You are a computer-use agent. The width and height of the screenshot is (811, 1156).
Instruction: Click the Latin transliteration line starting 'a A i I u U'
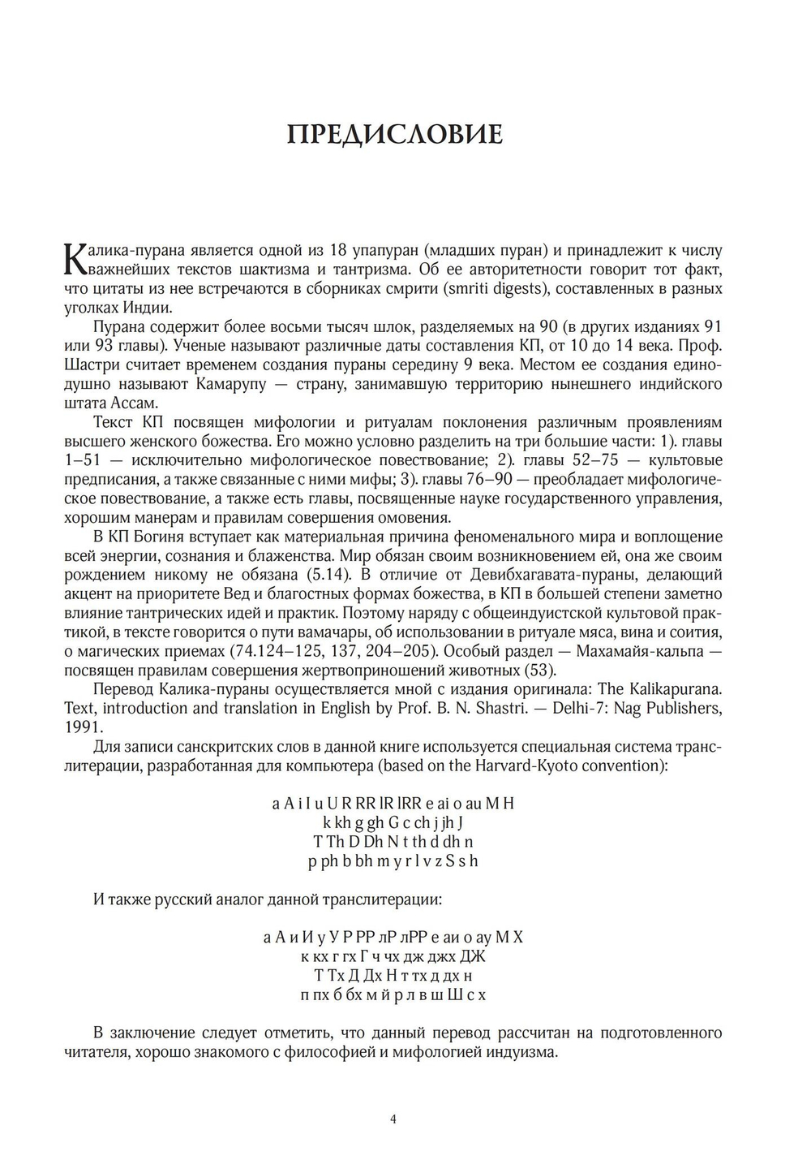pos(393,804)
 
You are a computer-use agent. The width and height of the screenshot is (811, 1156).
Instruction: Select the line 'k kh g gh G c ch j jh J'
pos(393,823)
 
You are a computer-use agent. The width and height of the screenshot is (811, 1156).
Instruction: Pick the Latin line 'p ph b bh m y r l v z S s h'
pos(393,861)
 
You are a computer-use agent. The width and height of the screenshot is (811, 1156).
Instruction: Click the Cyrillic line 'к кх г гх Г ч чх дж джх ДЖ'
pos(393,956)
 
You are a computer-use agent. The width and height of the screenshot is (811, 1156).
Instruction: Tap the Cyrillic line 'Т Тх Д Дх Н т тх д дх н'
pos(393,975)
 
